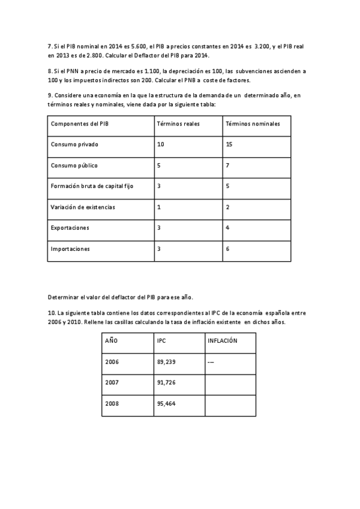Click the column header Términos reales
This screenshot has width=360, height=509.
[x=178, y=124]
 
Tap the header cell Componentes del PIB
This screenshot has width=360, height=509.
[x=80, y=124]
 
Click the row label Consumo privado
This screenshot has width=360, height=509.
[x=74, y=145]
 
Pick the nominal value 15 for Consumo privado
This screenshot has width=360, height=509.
[x=229, y=145]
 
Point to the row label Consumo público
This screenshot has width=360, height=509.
[x=74, y=165]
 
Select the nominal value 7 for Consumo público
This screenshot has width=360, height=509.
[x=227, y=165]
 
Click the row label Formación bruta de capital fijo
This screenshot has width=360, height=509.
[x=92, y=186]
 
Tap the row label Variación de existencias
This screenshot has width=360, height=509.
[x=83, y=207]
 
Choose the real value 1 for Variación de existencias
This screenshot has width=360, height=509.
[x=158, y=207]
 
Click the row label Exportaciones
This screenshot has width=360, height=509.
[x=70, y=228]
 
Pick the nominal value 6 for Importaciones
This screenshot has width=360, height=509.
[x=227, y=248]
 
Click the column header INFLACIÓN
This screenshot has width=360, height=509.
[x=222, y=341]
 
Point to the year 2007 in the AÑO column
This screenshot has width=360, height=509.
[x=112, y=383]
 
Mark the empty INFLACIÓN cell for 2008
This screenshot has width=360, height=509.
[x=230, y=404]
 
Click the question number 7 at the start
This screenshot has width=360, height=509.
[x=49, y=46]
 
